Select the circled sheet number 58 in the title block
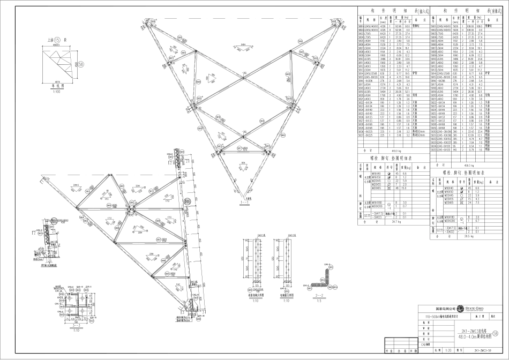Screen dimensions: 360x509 [502, 333]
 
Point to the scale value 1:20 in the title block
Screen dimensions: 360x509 [448, 352]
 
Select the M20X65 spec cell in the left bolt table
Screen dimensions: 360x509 [376, 188]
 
